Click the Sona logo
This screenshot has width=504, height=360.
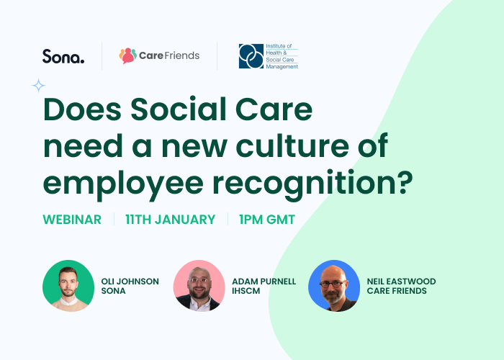click(63, 56)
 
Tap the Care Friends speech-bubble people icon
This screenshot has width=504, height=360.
click(128, 55)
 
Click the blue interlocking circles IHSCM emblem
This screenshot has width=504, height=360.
click(251, 56)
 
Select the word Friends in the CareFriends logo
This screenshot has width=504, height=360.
click(182, 55)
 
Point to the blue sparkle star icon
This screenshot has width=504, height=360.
click(39, 86)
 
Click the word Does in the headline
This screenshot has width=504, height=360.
click(82, 109)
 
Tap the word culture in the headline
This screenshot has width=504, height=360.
click(292, 145)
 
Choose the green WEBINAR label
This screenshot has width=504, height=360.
click(72, 220)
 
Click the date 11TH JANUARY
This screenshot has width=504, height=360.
click(171, 220)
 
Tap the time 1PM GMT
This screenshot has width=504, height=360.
click(267, 220)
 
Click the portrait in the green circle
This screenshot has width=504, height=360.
click(68, 286)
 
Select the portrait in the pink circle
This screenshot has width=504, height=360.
click(199, 286)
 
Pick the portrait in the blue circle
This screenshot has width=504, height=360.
click(334, 286)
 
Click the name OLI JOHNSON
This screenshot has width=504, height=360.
click(130, 282)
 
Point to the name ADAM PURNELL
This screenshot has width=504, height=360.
click(264, 282)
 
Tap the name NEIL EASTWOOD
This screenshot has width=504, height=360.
click(402, 282)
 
